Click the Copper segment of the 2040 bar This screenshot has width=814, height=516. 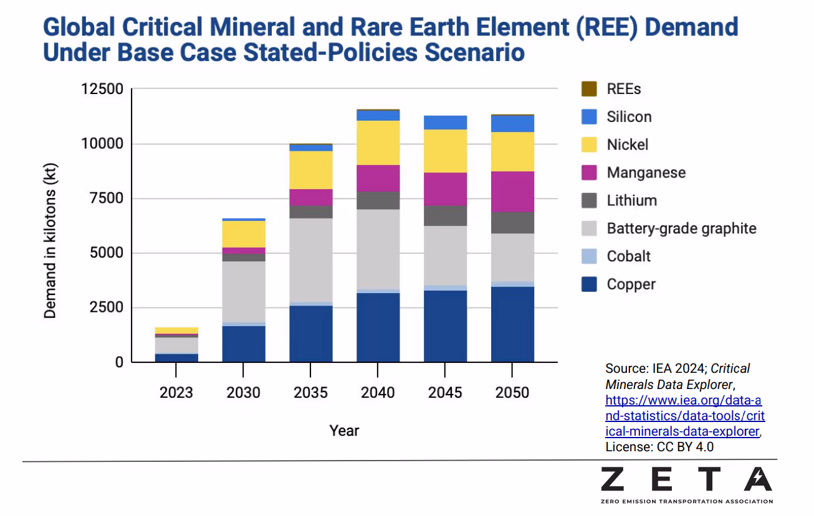pos(378,327)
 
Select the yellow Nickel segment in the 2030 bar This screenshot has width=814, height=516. pos(244,234)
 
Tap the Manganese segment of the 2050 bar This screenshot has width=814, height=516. pos(512,191)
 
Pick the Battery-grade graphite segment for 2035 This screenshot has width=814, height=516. pos(310,260)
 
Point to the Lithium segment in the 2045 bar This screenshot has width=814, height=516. pos(445,215)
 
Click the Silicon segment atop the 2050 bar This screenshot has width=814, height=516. pos(512,124)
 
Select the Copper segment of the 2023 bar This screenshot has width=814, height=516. pos(176,357)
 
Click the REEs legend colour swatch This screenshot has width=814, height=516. pos(589,89)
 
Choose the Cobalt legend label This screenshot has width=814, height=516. pos(628,256)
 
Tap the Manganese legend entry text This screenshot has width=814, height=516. pos(646,172)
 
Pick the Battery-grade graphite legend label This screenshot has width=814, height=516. pos(681,228)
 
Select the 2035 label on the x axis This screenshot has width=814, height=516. pos(310,393)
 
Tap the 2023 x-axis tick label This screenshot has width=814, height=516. pos(176,393)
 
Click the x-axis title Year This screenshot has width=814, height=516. pos(344,430)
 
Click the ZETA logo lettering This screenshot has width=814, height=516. pos(686,479)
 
